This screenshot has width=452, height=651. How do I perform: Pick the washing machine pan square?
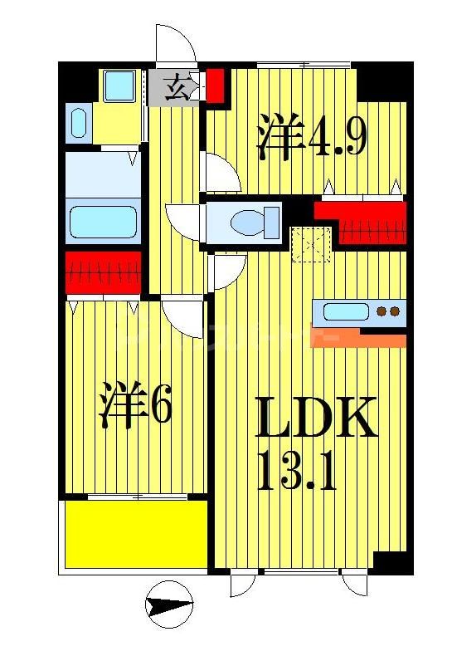[x=119, y=85]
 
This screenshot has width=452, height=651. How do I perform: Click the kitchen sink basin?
[x=342, y=313]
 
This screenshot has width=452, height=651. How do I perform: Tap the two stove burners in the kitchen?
[x=387, y=312]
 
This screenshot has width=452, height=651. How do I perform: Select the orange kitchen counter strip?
[x=358, y=339]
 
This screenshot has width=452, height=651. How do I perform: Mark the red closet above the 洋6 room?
[x=103, y=271]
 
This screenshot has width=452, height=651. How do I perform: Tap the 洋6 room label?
[x=135, y=405]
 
